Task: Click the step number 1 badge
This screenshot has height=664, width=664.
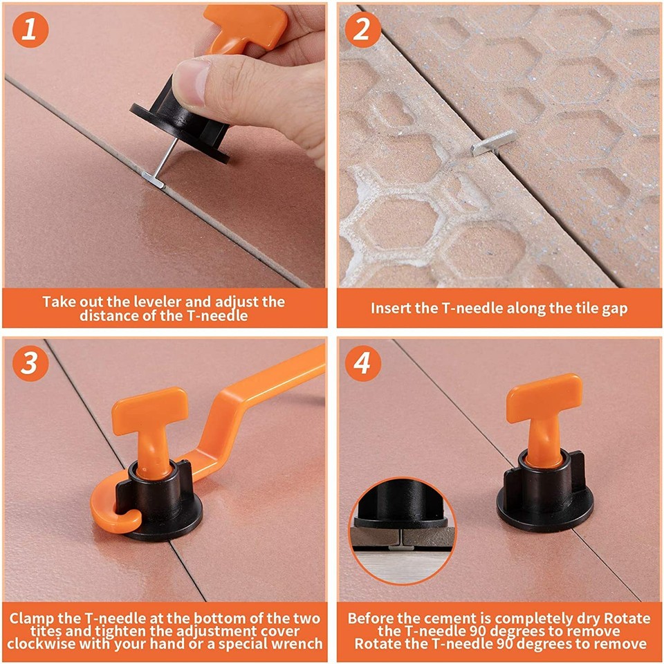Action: pos(29,30)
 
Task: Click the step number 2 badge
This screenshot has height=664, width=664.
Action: pos(362,30)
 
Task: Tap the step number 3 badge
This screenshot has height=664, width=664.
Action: pos(29,364)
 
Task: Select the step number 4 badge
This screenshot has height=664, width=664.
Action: pos(362,364)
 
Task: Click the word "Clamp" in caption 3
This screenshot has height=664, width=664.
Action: pos(33,618)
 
